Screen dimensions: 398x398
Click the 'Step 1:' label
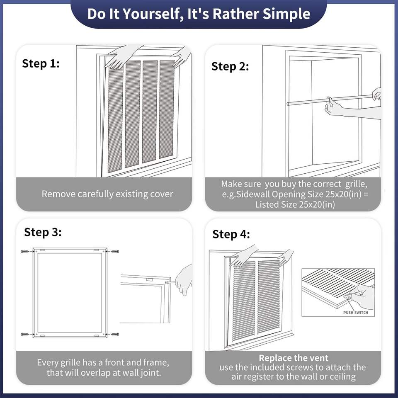(x=41, y=63)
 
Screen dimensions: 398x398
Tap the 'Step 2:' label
(x=230, y=66)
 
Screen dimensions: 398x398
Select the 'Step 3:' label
(x=43, y=232)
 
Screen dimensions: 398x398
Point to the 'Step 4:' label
(x=231, y=234)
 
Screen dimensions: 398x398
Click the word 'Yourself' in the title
(x=152, y=14)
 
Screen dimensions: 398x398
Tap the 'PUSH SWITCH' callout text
(x=356, y=313)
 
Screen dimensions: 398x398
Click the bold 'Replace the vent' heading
(x=294, y=358)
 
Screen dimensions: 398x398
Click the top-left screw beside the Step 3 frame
(x=25, y=252)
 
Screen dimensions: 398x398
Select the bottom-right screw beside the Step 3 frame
(x=115, y=334)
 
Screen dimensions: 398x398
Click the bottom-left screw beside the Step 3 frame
(x=25, y=334)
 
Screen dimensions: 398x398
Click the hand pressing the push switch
(x=362, y=297)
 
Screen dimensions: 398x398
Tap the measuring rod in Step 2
(x=330, y=100)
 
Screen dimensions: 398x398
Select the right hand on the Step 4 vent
(x=286, y=257)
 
